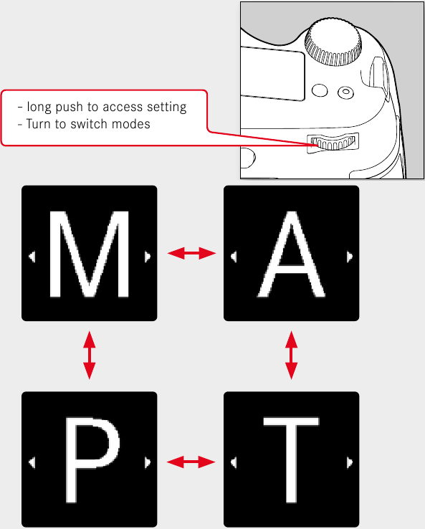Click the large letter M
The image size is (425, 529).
90,254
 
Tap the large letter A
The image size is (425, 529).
291,254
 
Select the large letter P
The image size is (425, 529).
90,462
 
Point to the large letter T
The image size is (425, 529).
291,462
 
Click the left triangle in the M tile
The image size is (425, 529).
32,255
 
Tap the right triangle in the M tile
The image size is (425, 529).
147,255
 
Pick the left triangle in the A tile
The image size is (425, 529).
233,255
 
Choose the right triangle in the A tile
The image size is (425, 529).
349,255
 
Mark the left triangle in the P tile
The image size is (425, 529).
32,462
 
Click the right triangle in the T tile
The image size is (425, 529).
349,462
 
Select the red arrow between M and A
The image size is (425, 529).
191,253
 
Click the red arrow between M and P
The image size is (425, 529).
89,355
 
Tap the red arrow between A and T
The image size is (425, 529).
291,355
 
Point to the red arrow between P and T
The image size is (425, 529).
191,462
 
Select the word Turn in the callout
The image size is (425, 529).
40,123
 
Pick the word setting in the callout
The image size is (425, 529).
166,108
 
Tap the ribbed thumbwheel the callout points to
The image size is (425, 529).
334,143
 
